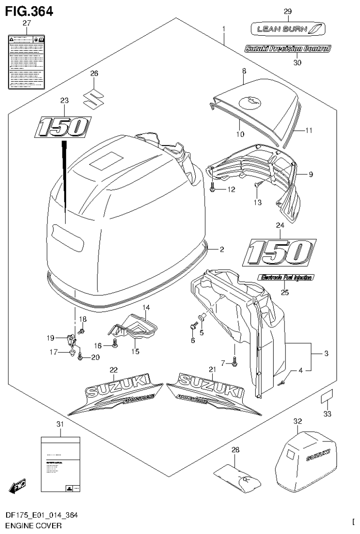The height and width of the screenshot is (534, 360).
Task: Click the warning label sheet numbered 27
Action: click(26, 61)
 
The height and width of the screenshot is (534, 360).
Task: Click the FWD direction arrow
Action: click(17, 487)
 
